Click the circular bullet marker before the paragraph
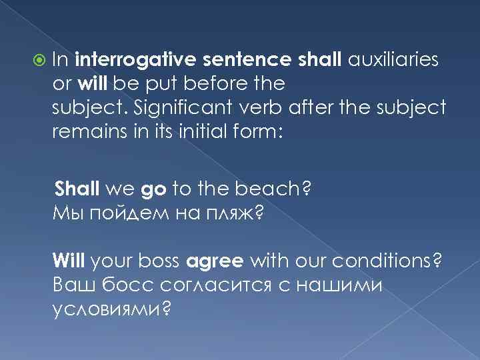pos(40,60)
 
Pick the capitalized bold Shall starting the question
pos(77,189)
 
